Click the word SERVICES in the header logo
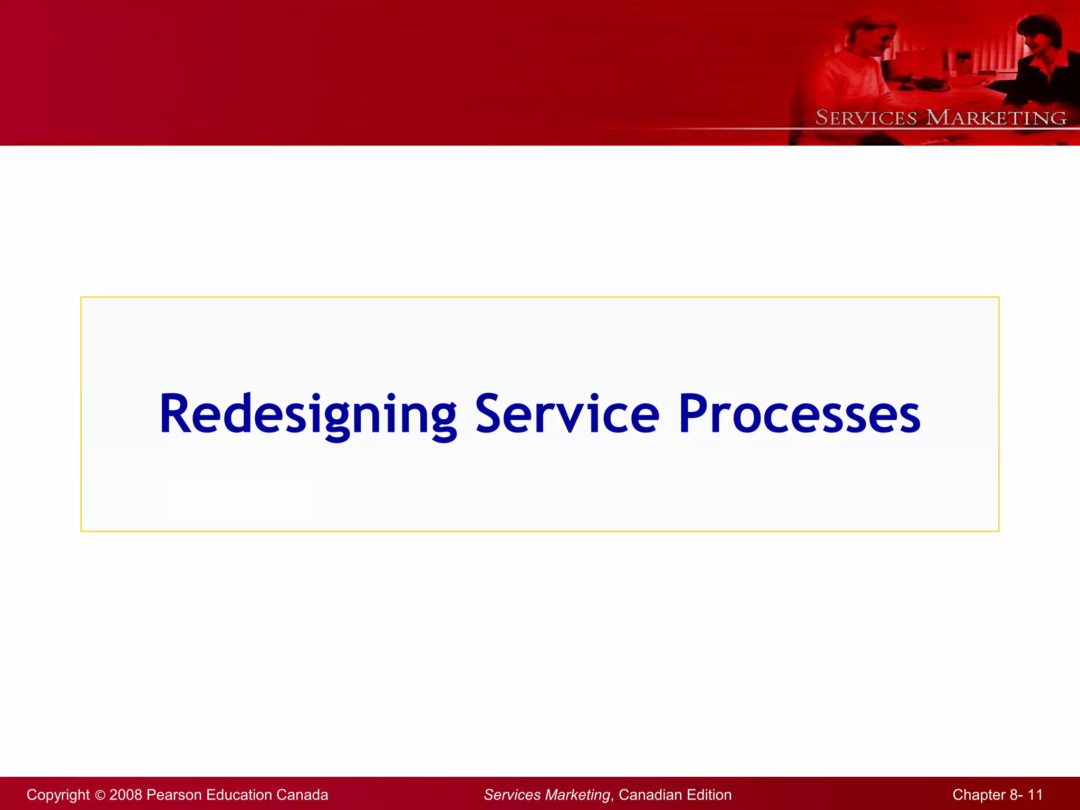pos(866,118)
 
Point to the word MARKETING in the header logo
pos(996,118)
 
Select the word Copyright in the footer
pos(58,795)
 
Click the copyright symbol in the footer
pos(100,795)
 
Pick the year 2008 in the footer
pos(126,795)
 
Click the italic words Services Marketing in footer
pos(547,795)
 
